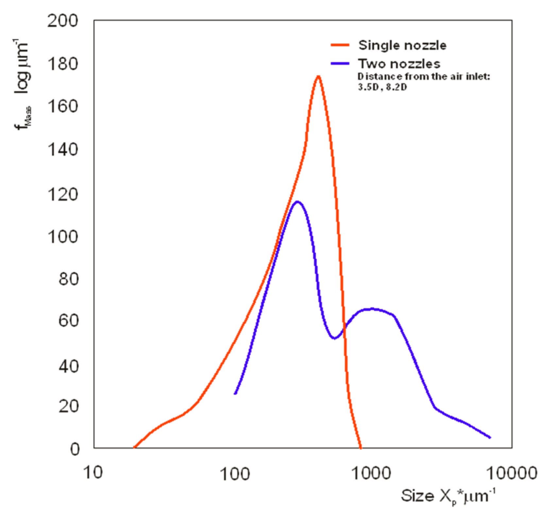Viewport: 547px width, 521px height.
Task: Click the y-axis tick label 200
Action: click(x=63, y=21)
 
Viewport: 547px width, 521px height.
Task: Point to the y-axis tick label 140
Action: click(x=63, y=150)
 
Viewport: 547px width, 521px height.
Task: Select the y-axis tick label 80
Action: click(x=69, y=279)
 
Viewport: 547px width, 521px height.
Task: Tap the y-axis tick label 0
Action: click(x=75, y=449)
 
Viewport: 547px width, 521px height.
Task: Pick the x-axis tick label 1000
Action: click(x=371, y=473)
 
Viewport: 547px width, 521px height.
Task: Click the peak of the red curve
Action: click(x=318, y=76)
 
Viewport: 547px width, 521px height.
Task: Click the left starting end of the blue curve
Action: click(x=235, y=393)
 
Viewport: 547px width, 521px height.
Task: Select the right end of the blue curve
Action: click(x=490, y=437)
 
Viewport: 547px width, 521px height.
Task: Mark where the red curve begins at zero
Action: click(x=134, y=447)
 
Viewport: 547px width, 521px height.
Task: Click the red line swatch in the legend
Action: click(x=340, y=45)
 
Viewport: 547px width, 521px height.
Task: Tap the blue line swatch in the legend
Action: click(x=340, y=63)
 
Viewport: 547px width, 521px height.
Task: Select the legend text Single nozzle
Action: click(x=402, y=45)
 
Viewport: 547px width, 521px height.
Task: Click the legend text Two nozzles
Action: click(x=399, y=63)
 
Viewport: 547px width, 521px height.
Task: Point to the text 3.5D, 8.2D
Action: click(x=382, y=87)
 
